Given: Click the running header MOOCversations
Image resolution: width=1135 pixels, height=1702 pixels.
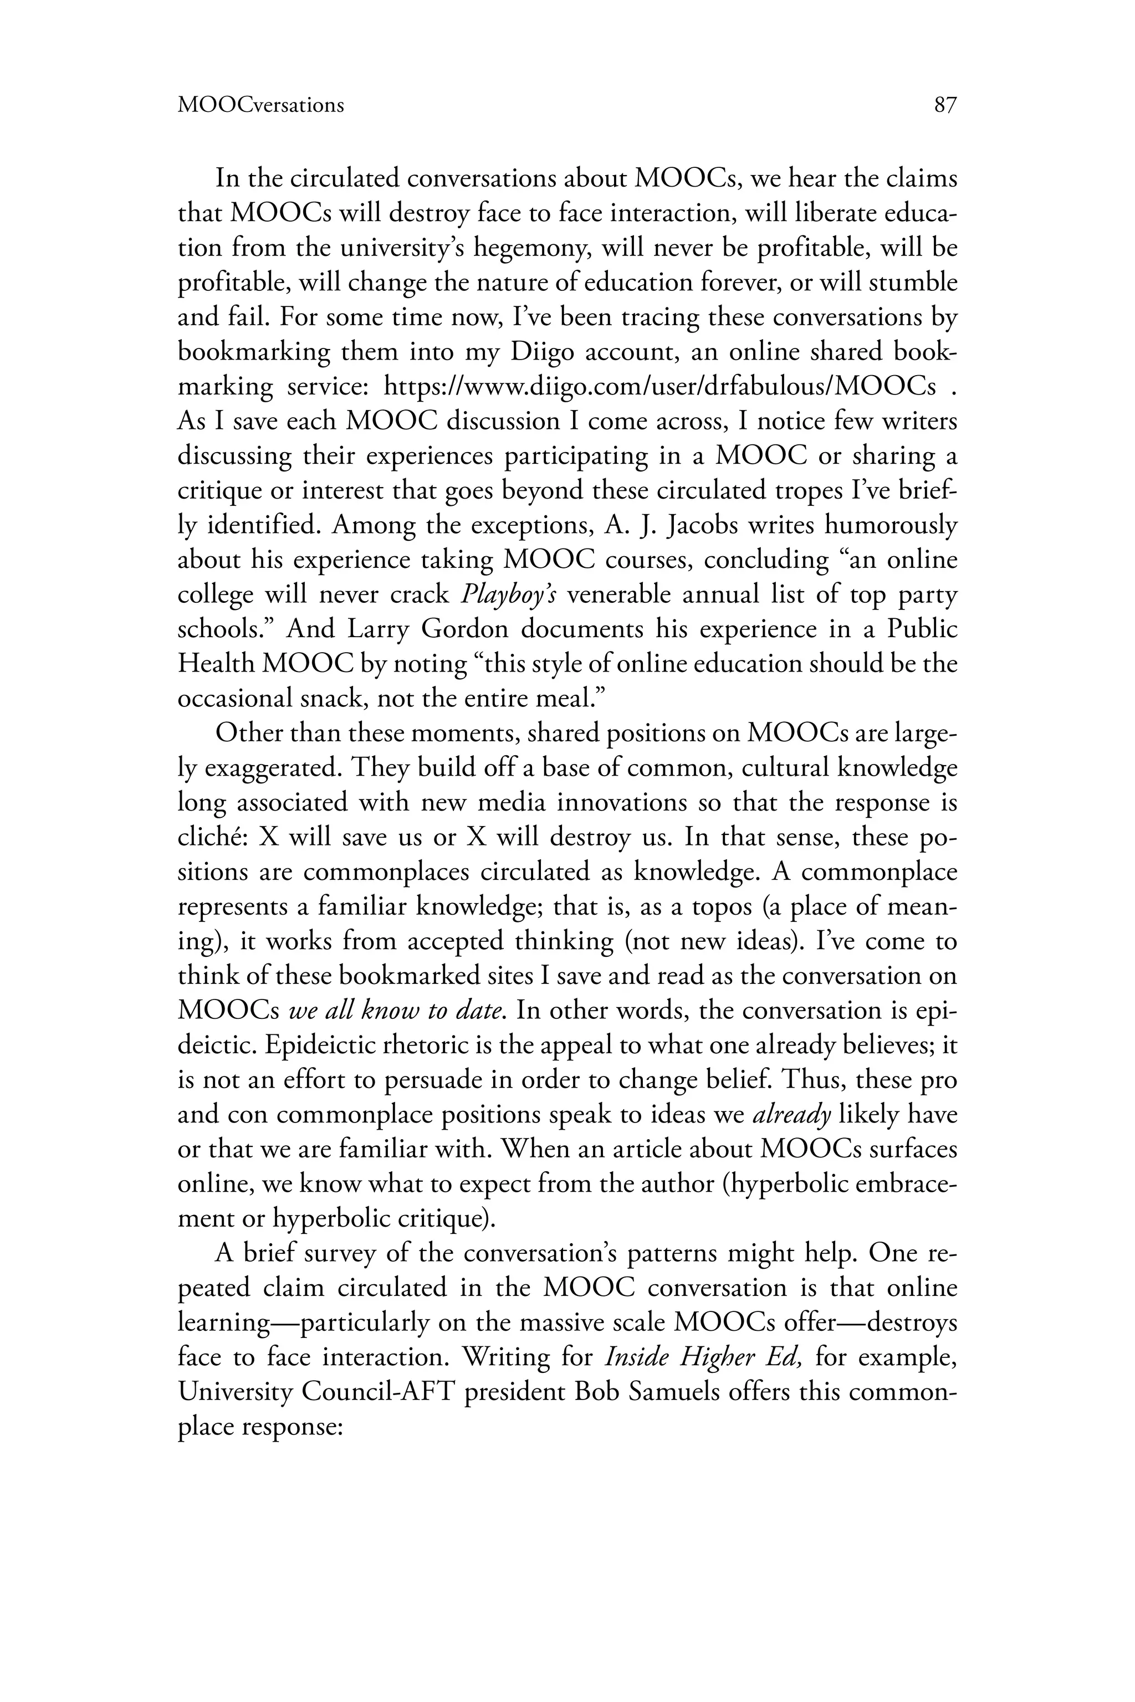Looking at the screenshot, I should (260, 106).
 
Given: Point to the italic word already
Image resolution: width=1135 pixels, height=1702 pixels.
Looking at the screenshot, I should (791, 1115).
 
